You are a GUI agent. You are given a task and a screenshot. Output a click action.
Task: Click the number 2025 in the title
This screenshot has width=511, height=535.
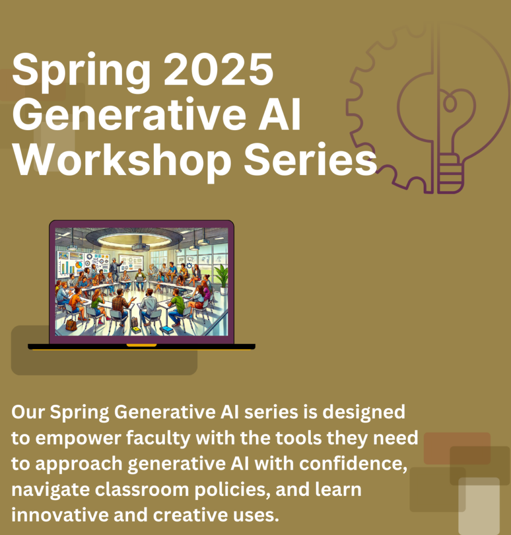pos(218,71)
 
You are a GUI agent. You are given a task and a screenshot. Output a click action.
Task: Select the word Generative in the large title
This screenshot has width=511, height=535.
pos(129,114)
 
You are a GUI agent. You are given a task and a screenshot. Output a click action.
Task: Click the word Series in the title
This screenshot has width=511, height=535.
pos(310,159)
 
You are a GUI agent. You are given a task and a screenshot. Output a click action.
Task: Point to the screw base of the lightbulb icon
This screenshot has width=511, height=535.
pos(450,174)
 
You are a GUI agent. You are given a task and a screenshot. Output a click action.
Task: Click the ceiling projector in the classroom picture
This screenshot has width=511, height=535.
pos(140,247)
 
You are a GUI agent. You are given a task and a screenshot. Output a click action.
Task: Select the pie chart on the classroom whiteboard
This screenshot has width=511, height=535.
pos(79,265)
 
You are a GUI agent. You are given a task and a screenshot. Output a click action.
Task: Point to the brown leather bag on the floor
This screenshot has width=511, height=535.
pos(71,325)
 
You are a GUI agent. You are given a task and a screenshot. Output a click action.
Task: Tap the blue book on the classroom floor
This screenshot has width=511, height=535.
pos(167,330)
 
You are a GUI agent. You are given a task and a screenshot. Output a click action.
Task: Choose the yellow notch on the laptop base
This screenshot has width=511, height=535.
pos(141,345)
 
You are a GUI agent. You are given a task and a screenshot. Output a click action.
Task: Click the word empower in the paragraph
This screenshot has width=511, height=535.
pos(78,438)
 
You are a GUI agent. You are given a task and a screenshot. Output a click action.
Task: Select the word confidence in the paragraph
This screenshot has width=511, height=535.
pos(353,464)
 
